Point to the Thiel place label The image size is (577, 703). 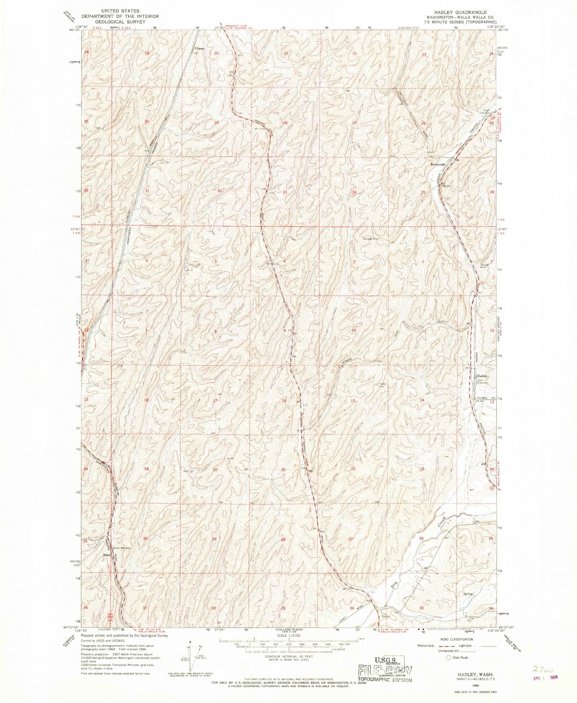click(x=106, y=555)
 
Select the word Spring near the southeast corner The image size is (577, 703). click(x=468, y=594)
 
